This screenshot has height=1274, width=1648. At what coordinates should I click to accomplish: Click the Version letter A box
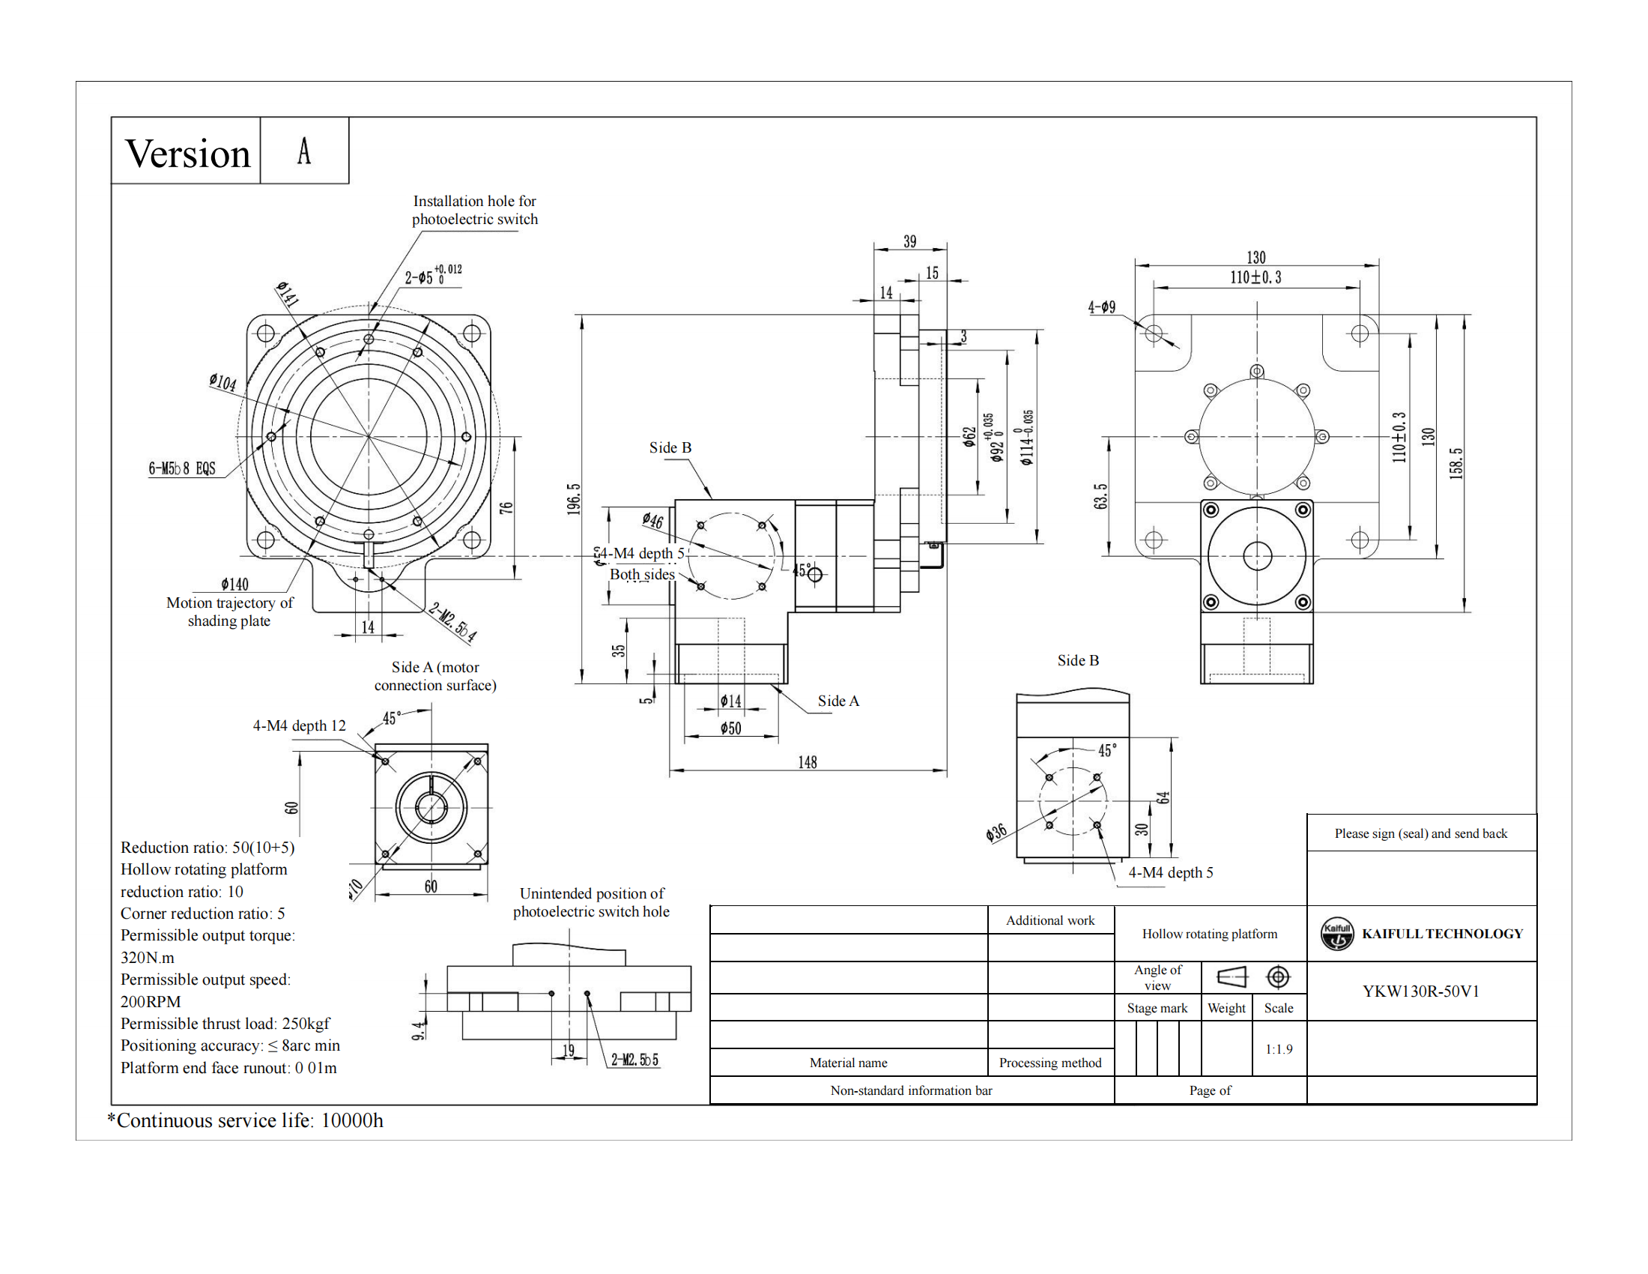[x=304, y=150]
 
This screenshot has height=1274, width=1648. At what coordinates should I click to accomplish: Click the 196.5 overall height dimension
[x=575, y=499]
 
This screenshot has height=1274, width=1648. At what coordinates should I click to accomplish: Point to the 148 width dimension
[x=808, y=762]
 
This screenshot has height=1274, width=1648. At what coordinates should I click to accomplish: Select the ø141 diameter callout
[x=288, y=294]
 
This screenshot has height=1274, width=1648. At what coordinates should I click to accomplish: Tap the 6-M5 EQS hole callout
[x=182, y=468]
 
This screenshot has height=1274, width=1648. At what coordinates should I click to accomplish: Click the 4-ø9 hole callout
[x=1101, y=307]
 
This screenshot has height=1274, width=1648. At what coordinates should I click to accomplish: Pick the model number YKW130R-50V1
[x=1420, y=991]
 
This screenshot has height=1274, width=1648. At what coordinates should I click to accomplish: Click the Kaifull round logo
[x=1337, y=934]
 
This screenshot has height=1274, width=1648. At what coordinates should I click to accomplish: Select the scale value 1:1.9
[x=1278, y=1049]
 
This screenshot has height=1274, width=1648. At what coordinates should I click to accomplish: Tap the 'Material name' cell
[x=848, y=1063]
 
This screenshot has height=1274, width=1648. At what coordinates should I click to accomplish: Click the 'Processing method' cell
[x=1049, y=1063]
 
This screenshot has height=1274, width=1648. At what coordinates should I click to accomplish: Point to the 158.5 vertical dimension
[x=1456, y=463]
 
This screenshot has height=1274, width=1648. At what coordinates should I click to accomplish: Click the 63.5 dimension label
[x=1101, y=497]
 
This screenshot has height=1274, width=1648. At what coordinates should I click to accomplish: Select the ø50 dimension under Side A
[x=730, y=728]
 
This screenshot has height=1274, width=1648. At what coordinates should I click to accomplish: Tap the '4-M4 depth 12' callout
[x=299, y=725]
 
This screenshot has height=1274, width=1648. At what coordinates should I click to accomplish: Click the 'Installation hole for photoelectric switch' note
[x=475, y=210]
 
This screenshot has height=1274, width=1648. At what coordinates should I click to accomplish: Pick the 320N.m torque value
[x=147, y=958]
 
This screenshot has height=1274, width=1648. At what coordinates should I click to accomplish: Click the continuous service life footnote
[x=245, y=1120]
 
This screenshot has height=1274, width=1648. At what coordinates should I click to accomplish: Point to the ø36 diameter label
[x=996, y=833]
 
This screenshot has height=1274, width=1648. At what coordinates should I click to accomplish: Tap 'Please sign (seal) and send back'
[x=1420, y=833]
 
